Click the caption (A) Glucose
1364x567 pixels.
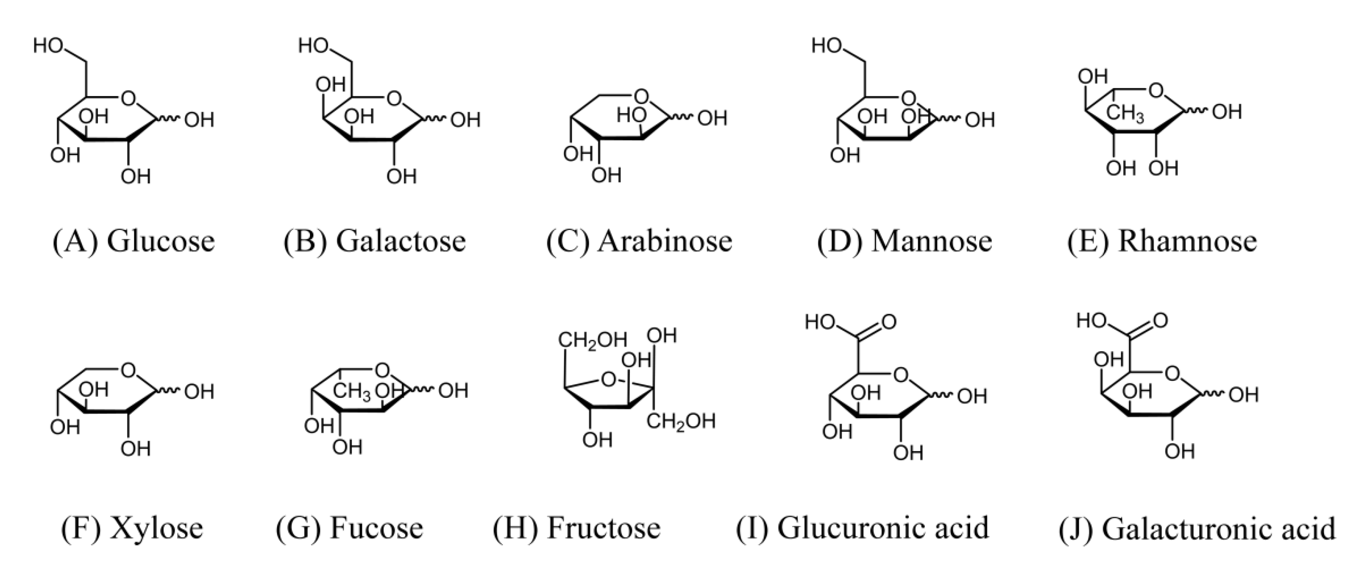coord(134,242)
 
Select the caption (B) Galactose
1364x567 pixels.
coord(374,242)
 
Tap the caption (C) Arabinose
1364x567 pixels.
coord(639,242)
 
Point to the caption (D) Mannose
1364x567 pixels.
coord(904,242)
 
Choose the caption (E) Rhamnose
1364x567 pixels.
coord(1162,242)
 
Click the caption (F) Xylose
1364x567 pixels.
coord(132,528)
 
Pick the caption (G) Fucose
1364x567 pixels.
coord(349,528)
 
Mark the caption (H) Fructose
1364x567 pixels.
coord(577,528)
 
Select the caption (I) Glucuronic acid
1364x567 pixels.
coord(862,528)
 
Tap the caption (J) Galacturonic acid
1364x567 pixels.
coord(1197,528)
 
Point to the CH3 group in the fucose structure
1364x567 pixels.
coord(352,392)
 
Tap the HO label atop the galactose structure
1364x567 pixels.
coord(314,46)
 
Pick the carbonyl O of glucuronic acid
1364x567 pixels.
coord(889,322)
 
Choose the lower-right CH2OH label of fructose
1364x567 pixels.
coord(681,422)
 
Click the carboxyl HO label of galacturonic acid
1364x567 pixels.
coord(1092,320)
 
